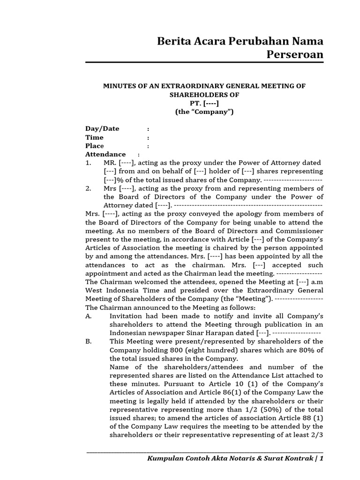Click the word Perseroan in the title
pos(295,55)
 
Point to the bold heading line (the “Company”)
pos(204,112)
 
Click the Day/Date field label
pos(102,129)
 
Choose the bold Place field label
pos(95,146)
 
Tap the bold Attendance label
pos(105,154)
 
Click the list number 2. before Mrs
pos(88,188)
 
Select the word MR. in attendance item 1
pos(110,163)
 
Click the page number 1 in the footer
pos(322,459)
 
